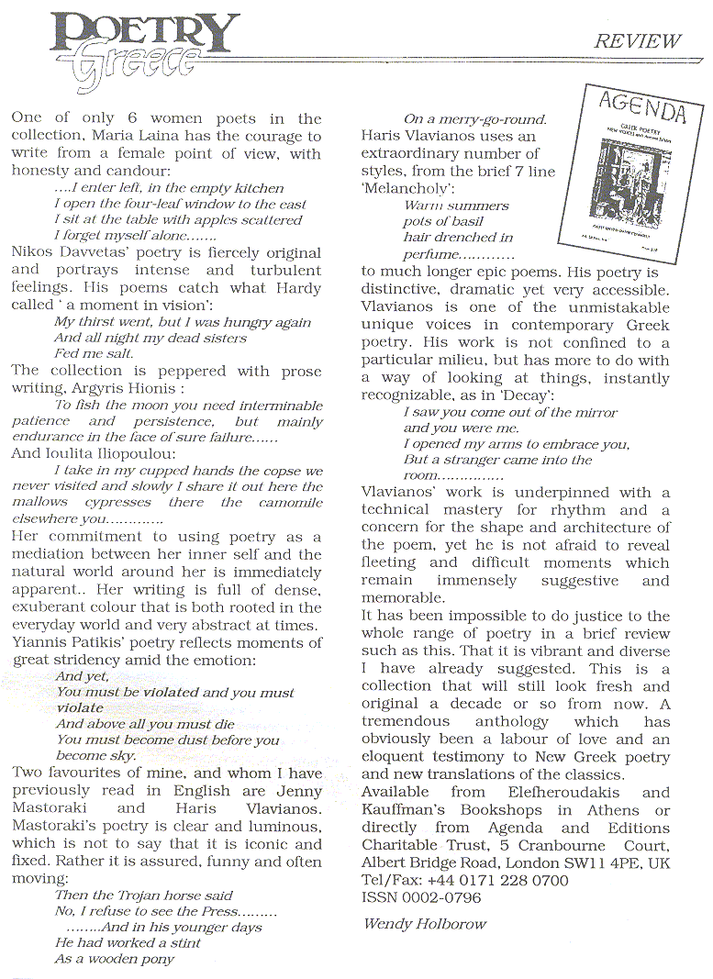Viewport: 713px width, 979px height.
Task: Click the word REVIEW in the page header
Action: point(638,40)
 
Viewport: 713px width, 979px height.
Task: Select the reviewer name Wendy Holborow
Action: point(424,923)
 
